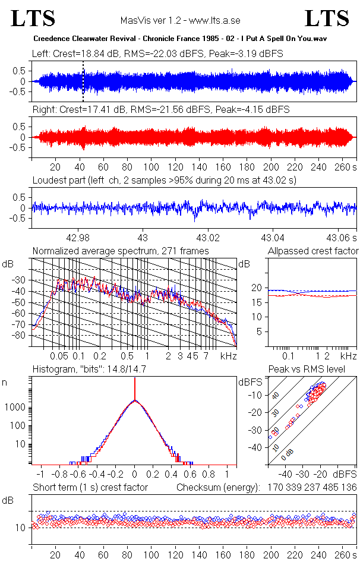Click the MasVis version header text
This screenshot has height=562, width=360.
pos(180,21)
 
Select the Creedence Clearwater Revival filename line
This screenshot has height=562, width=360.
pos(180,38)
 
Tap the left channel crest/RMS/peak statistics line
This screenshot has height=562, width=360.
pos(157,53)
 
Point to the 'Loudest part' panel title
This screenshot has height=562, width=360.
pos(164,179)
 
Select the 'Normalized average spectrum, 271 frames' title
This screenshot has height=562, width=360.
pos(121,251)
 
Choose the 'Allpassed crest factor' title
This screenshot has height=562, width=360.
pos(313,251)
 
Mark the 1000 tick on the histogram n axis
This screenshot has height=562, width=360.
pos(16,408)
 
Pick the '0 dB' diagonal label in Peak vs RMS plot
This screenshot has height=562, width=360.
pos(288,454)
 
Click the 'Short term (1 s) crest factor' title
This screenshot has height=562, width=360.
pos(90,488)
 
